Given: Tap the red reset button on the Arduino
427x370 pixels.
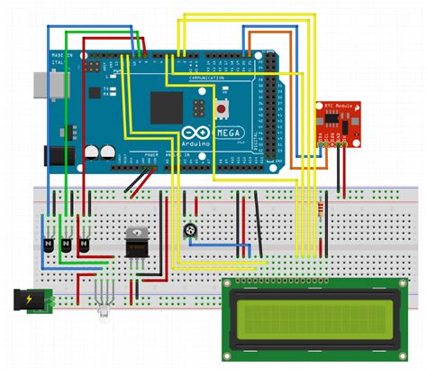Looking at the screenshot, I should [222, 110].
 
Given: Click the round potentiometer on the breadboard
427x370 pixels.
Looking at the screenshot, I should [191, 233].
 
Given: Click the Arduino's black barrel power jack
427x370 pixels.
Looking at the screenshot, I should [52, 155].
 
